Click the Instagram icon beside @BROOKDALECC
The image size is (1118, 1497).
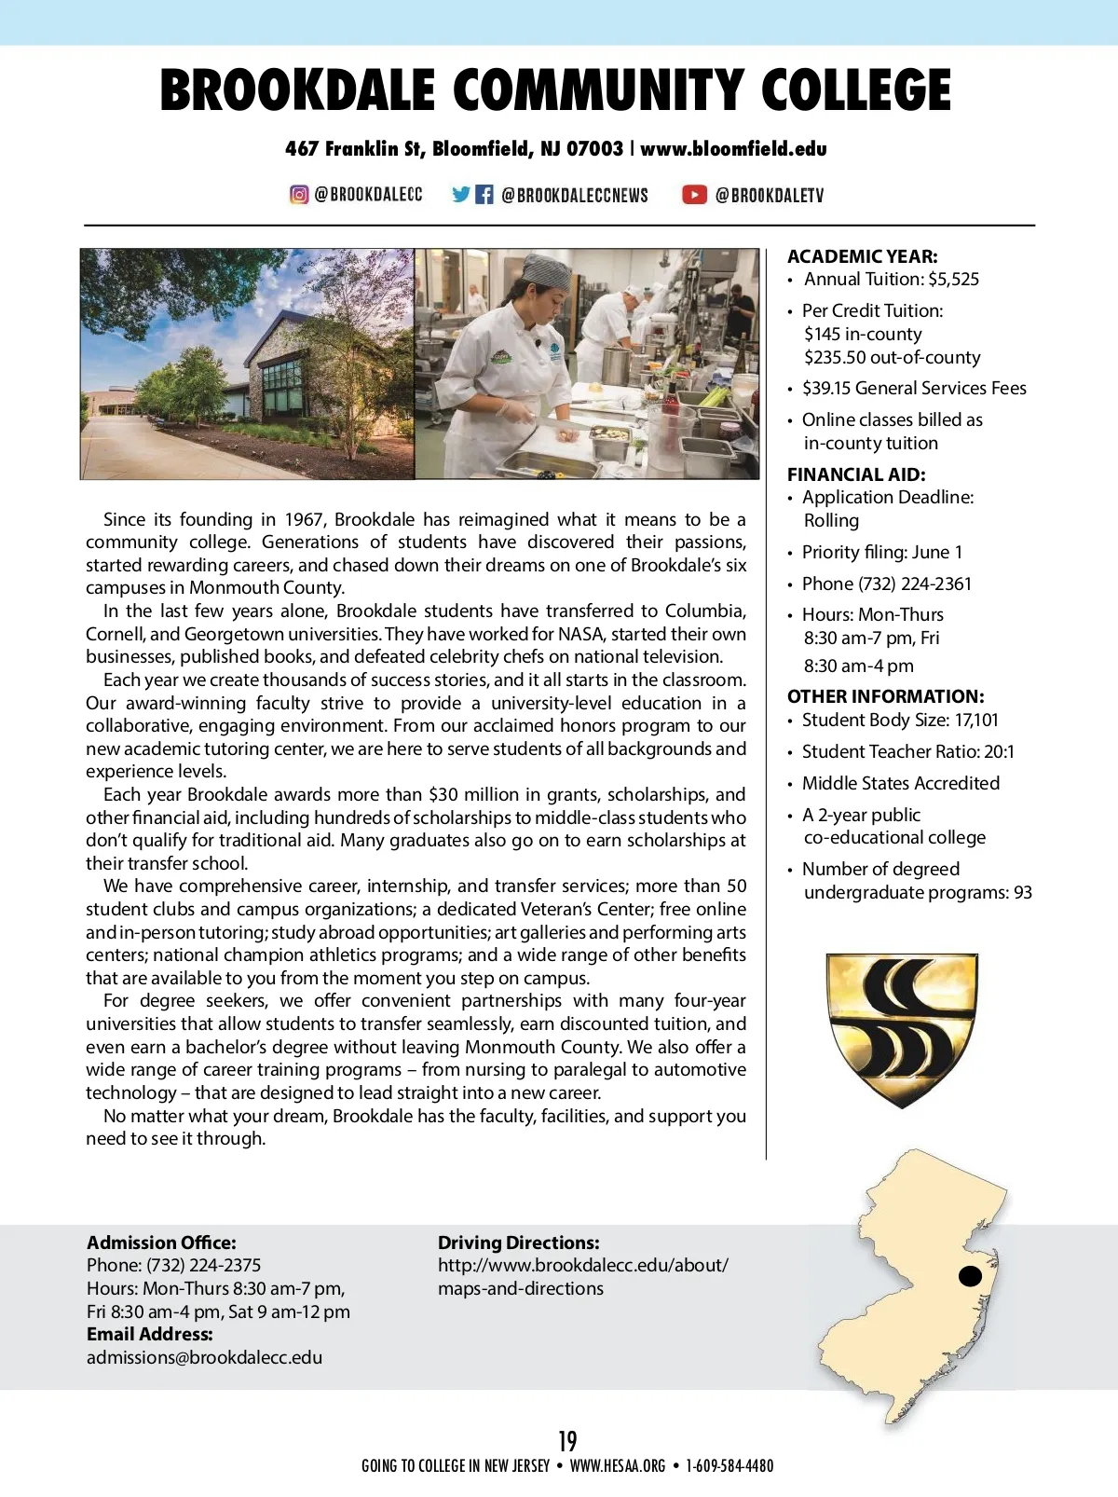point(299,195)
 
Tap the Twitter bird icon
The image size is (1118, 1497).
point(461,195)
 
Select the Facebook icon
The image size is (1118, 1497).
point(484,195)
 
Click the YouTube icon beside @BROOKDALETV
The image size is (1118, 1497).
point(694,195)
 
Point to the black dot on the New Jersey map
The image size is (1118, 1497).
point(970,1275)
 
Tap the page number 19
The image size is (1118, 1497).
point(567,1441)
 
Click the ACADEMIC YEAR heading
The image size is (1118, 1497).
point(862,256)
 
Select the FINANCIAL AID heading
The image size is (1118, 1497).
point(856,474)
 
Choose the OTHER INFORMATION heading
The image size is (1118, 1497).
point(885,696)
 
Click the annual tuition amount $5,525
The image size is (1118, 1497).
point(953,279)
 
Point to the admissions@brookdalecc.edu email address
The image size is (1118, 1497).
point(204,1357)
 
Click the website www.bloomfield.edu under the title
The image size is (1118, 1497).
point(733,149)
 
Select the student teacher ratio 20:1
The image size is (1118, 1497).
point(998,751)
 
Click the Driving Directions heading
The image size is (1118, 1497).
point(518,1243)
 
